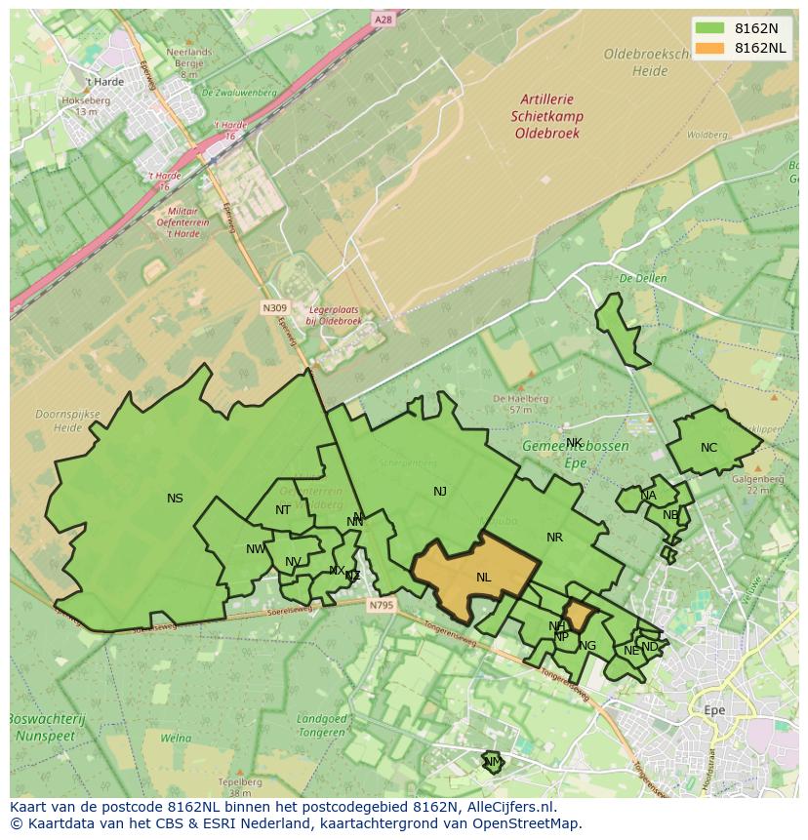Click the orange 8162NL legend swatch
tap(710, 48)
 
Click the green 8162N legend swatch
tap(710, 28)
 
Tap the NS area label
tap(175, 499)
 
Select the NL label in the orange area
tap(483, 578)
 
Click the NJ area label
tap(440, 492)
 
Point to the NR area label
tap(554, 538)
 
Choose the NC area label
tap(708, 448)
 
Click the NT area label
tap(283, 510)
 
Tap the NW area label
tap(256, 549)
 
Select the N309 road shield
tap(274, 307)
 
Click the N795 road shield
tap(381, 606)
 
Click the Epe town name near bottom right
tap(714, 710)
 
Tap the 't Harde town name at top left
tap(103, 82)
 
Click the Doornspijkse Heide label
tap(67, 420)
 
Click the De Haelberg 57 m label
tap(511, 403)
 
